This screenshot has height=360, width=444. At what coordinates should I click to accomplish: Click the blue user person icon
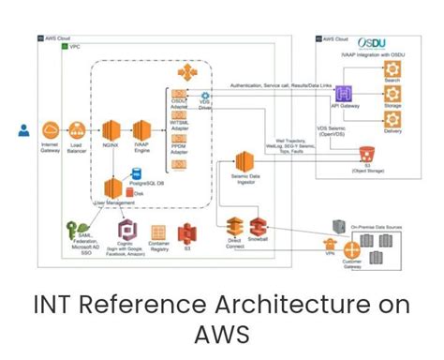click(x=23, y=131)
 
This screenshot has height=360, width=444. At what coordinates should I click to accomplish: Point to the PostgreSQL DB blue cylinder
click(x=137, y=174)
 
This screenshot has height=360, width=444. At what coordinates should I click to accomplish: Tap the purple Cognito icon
click(x=126, y=230)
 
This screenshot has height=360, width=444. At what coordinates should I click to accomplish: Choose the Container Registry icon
click(x=159, y=231)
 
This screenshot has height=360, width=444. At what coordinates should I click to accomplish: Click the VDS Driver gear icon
click(x=203, y=97)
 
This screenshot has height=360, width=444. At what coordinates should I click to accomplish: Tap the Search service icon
click(x=392, y=71)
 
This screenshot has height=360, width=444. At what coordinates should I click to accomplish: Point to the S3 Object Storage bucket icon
click(x=366, y=151)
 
